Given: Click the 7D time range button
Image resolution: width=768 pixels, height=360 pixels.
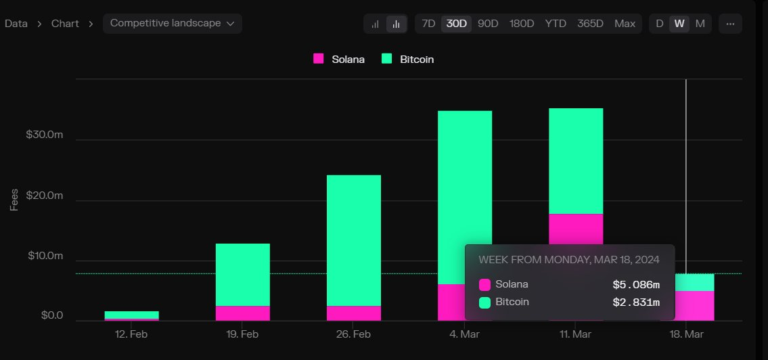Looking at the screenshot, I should coord(428,24).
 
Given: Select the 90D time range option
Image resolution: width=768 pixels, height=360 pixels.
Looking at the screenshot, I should coord(488,24).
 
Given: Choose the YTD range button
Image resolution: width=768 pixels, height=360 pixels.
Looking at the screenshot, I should coord(556,24).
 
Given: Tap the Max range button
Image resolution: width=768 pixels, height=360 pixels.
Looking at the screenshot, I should coord(625,24).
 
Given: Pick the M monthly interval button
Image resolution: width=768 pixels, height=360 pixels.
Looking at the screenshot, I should coord(700,24).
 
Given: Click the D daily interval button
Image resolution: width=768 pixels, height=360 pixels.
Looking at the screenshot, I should coord(660,24).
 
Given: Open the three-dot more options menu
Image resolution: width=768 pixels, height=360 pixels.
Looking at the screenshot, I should coord(730,24).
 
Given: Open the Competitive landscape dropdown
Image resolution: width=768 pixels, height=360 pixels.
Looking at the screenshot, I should coord(172,23).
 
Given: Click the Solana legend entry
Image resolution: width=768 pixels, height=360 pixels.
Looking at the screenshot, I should coord(340,59).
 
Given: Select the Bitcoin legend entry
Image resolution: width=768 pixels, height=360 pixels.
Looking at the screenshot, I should coord(408,59).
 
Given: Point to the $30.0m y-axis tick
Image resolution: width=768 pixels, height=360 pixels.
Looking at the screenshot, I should coord(45,135).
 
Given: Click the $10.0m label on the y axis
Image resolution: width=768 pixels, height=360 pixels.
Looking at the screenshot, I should coord(45,256).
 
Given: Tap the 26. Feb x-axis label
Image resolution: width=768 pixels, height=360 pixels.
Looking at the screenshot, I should coord(353,334).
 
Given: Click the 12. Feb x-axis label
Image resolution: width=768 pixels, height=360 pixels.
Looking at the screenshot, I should coord(131,334).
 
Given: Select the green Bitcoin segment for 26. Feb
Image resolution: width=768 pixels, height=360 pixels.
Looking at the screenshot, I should coord(353,240).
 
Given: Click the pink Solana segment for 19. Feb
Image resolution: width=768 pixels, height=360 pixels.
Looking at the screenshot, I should coord(242,313).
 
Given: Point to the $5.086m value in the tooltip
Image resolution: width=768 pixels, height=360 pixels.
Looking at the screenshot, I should coord(635,284).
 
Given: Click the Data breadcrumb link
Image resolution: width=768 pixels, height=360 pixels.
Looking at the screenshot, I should coord(16,24).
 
